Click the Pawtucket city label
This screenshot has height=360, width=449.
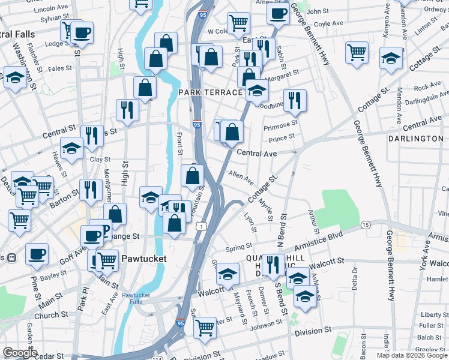[143, 259]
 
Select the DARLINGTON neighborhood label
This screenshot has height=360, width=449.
[415, 139]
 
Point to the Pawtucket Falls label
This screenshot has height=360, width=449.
[139, 299]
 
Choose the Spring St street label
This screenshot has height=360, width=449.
[238, 247]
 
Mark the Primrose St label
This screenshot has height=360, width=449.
[281, 125]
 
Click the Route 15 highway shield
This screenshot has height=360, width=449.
[366, 224]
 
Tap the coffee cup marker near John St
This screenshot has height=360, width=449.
[279, 13]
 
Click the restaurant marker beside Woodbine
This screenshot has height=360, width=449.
[295, 100]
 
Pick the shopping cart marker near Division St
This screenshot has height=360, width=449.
[205, 328]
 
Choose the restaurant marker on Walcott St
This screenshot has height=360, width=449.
[273, 265]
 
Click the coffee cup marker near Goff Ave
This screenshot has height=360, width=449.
[37, 254]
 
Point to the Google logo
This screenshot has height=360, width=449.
[19, 353]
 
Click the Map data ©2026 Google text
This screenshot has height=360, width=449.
[412, 355]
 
